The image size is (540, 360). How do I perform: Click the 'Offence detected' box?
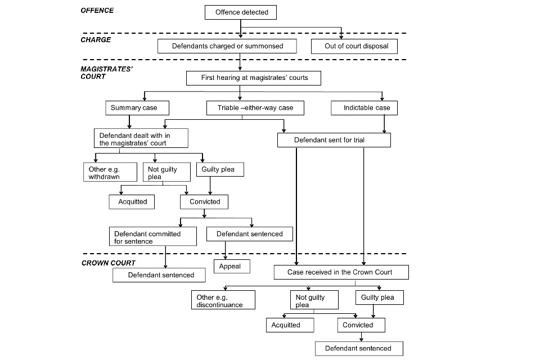tap(241, 12)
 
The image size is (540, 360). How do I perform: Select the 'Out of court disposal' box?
tap(354, 46)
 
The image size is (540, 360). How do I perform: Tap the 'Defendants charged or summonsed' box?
tap(227, 46)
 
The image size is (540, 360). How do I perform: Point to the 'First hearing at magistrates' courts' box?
tap(254, 78)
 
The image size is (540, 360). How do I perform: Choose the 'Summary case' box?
tap(137, 108)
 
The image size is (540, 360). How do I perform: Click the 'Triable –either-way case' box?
tap(255, 108)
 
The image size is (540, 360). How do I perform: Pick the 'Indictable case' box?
tap(364, 108)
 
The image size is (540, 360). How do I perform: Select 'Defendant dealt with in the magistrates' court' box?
tap(141, 138)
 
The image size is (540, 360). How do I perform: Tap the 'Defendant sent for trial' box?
tap(334, 140)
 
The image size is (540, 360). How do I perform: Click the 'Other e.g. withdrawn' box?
tap(110, 172)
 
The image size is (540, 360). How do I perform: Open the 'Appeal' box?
tap(232, 266)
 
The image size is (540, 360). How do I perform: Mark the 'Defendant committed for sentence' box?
tap(153, 236)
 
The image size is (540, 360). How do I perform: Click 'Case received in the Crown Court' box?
tap(341, 272)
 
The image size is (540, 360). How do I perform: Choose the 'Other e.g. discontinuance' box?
tap(223, 300)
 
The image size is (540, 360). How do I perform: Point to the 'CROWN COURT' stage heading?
tap(108, 263)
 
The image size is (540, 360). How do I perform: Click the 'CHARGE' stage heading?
tap(96, 40)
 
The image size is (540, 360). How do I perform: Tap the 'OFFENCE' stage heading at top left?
tap(97, 11)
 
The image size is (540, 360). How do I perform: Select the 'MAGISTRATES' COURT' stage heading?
tap(106, 73)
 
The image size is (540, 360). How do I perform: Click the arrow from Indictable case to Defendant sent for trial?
tap(384, 124)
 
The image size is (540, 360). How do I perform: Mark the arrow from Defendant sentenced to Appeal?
tap(226, 250)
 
